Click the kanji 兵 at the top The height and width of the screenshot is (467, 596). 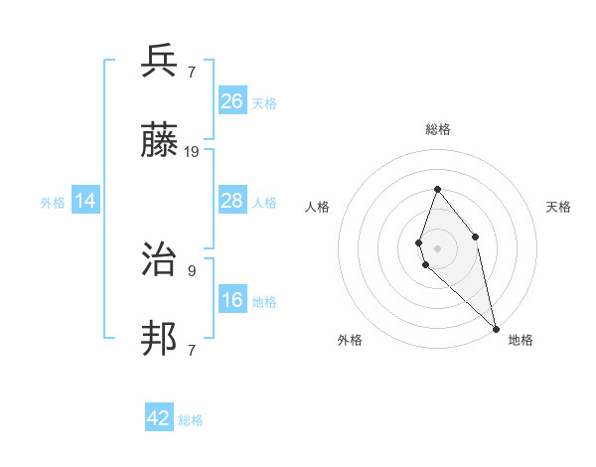pos(161,62)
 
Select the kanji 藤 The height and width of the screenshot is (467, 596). pos(161,140)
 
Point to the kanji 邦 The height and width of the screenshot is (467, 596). pos(161,339)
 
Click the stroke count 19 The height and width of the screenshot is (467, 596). pos(192,152)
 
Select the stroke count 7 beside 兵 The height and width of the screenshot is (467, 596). pos(192,73)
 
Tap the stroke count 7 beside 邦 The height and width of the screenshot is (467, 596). pos(192,350)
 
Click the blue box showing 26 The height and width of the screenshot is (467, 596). pos(232,100)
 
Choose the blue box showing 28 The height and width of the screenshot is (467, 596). pos(232,200)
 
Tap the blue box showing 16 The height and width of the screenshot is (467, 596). pos(232,300)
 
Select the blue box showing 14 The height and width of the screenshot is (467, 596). pos(85,201)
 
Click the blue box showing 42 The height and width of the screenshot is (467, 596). pos(159,418)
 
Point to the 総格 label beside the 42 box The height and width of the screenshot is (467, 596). pos(191,420)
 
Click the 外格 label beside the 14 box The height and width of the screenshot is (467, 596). pos(53,203)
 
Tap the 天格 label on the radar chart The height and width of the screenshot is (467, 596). pos(558,207)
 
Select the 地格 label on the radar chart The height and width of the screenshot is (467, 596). pos(521,340)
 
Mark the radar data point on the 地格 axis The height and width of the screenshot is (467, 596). pos(496,328)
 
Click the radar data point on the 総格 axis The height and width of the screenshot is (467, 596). pos(437,189)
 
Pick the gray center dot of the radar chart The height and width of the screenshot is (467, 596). pos(437,247)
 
